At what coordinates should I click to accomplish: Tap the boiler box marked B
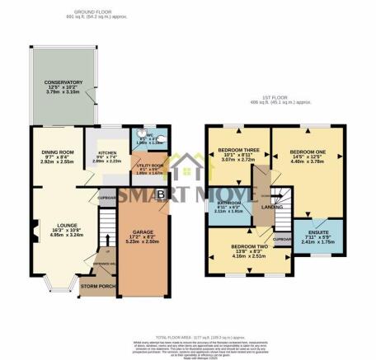pos(161,194)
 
